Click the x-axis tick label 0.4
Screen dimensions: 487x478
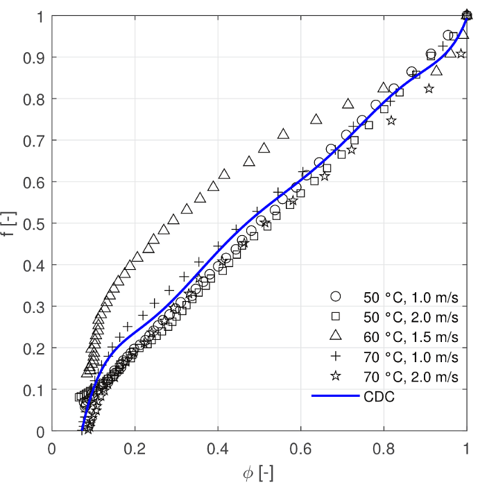218,447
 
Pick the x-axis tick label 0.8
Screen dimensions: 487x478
384,447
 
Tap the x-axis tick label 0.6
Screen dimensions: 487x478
301,447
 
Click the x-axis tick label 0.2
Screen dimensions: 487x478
135,447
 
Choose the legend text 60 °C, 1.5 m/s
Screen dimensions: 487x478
410,337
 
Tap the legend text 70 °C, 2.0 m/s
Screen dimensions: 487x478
410,377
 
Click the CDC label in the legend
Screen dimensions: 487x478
376,397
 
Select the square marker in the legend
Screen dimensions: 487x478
336,317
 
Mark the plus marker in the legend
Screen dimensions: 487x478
336,357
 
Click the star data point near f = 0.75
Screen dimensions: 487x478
391,121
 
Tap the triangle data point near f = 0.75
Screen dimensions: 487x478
316,119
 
